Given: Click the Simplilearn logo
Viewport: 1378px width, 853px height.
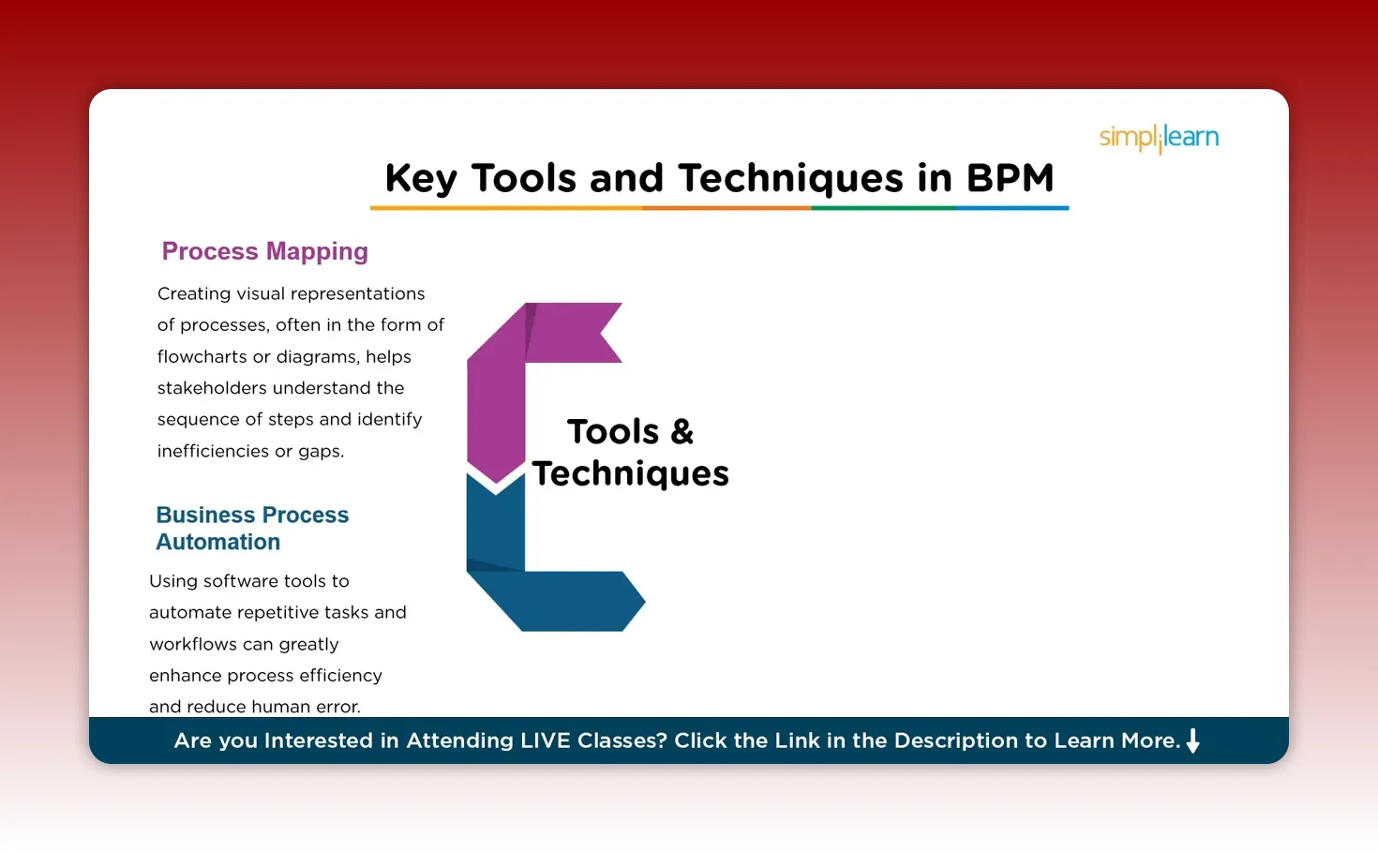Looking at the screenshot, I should tap(1159, 138).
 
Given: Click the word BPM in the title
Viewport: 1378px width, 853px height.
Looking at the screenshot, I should tap(1010, 177).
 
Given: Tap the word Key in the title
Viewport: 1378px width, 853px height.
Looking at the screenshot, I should tap(420, 178).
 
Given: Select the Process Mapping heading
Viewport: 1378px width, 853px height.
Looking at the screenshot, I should tap(264, 251).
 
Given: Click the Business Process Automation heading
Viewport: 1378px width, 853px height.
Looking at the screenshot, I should tap(251, 529).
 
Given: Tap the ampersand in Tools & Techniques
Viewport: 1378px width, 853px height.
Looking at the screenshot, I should tap(682, 432).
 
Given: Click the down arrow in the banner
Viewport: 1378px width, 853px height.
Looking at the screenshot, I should tap(1192, 741).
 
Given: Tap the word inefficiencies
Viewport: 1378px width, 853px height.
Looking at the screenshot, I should tap(213, 451).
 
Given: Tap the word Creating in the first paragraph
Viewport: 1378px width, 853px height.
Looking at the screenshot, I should tap(193, 293).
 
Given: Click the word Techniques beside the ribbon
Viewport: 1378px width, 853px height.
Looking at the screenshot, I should tap(630, 474).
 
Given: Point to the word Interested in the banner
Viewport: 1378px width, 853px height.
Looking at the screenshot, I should tap(319, 741).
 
